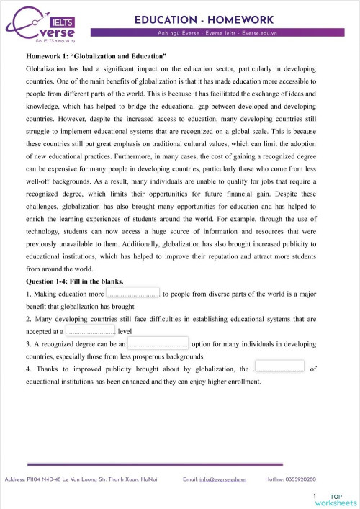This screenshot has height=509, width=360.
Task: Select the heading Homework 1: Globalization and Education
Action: click(x=96, y=54)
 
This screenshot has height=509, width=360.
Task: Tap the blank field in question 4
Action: click(x=279, y=368)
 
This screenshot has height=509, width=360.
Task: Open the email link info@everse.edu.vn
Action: click(x=223, y=479)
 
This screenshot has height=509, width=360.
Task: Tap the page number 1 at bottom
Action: click(x=315, y=496)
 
